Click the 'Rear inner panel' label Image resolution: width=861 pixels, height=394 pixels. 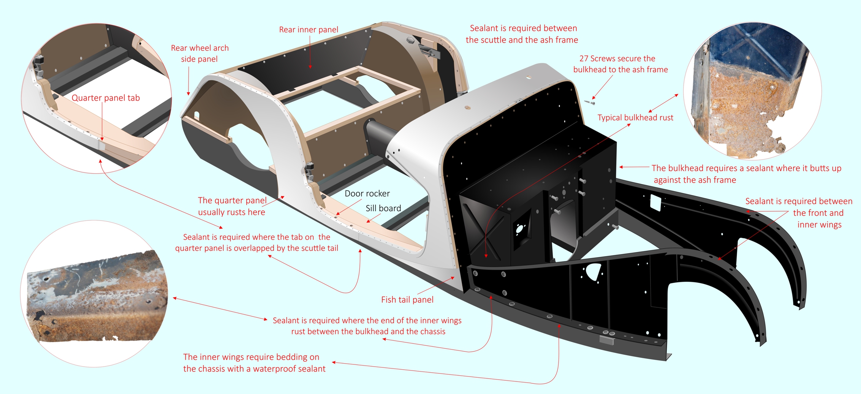[x=309, y=30]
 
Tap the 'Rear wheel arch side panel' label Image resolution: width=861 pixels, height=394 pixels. [x=199, y=54]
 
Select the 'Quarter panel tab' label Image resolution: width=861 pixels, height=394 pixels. [x=106, y=98]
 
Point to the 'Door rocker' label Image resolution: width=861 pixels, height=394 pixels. [x=367, y=193]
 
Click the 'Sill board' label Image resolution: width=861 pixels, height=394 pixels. [x=383, y=208]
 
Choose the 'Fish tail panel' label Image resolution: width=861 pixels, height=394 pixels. [x=407, y=300]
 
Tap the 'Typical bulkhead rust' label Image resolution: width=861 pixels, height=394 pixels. [x=635, y=118]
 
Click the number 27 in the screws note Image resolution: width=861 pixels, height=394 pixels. [x=584, y=59]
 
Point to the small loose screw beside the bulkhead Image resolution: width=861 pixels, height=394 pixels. [x=590, y=102]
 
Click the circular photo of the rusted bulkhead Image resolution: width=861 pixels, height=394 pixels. [x=752, y=91]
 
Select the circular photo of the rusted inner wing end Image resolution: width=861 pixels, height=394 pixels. [x=94, y=294]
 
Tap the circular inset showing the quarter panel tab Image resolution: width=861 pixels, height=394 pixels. [x=97, y=98]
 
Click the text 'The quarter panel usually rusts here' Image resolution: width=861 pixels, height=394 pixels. [x=232, y=206]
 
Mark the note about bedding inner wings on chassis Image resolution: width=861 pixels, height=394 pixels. [x=254, y=363]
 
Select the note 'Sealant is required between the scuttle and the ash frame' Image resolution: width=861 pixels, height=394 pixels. [x=522, y=34]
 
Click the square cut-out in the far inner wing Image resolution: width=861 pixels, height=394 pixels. [x=656, y=203]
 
